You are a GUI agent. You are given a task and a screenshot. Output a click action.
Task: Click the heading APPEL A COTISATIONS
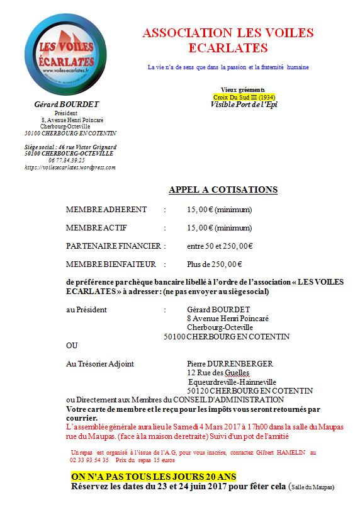223,190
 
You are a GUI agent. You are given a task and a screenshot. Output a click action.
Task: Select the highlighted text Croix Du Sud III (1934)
244,97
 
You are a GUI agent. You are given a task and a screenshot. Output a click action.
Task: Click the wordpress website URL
70,167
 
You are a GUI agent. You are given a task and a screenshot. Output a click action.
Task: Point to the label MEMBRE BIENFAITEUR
106,264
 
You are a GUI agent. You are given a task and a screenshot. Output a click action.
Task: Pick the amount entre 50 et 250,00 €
220,246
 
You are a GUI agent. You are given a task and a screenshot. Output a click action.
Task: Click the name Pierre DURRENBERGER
230,364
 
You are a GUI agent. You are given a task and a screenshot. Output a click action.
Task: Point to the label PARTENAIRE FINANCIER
113,246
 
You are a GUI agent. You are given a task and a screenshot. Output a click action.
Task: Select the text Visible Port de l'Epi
244,105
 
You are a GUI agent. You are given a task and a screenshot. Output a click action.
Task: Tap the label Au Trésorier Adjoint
99,364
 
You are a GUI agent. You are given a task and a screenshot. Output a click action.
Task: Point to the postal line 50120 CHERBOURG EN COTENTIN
241,390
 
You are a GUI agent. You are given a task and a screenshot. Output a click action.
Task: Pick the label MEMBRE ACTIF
98,228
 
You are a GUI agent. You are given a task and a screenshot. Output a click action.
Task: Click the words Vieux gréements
243,90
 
